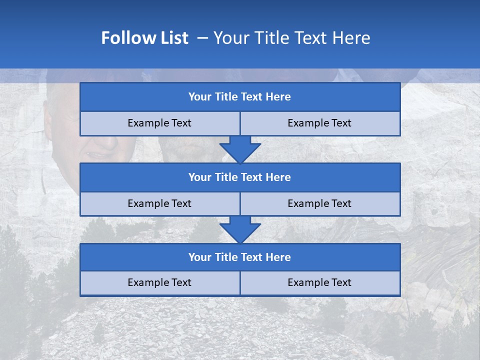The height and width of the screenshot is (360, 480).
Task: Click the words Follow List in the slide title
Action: [x=145, y=38]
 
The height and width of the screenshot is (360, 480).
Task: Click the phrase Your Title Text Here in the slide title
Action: [x=292, y=38]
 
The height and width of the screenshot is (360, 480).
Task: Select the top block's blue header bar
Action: [x=240, y=97]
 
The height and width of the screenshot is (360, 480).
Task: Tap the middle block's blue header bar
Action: [x=240, y=177]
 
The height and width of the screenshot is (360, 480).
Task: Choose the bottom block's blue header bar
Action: [x=240, y=257]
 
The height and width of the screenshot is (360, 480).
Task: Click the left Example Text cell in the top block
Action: [x=160, y=123]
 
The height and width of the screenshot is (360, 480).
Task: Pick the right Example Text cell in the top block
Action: [x=320, y=123]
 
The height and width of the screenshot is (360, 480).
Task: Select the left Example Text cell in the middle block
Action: [x=160, y=203]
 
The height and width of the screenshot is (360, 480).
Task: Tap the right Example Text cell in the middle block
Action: [x=320, y=203]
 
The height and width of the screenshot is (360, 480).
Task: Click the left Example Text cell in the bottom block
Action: [x=160, y=282]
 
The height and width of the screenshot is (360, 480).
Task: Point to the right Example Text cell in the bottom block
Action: [x=320, y=282]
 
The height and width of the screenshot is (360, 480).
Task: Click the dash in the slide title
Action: [x=203, y=38]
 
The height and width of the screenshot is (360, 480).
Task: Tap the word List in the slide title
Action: [x=173, y=38]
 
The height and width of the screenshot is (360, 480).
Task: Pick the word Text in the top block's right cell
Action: [x=340, y=123]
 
